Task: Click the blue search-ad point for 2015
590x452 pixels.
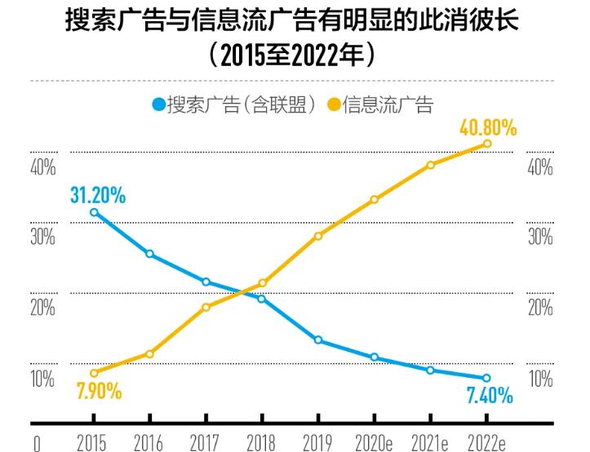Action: (94, 213)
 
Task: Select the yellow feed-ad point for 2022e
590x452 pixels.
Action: (487, 144)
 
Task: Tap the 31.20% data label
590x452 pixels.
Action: (98, 195)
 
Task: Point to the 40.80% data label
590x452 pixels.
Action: (489, 128)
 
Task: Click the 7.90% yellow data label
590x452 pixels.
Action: (99, 392)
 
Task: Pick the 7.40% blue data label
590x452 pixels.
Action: (490, 397)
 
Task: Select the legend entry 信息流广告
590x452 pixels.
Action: (379, 105)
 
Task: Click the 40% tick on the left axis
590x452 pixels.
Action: (42, 168)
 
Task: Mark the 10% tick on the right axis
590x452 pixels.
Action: (541, 379)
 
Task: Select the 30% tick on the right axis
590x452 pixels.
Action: (541, 237)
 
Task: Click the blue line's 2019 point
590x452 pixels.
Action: (317, 339)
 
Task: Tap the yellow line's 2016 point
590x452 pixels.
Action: (149, 353)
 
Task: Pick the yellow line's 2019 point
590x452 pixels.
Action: (317, 236)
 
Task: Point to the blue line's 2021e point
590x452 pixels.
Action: (430, 370)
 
